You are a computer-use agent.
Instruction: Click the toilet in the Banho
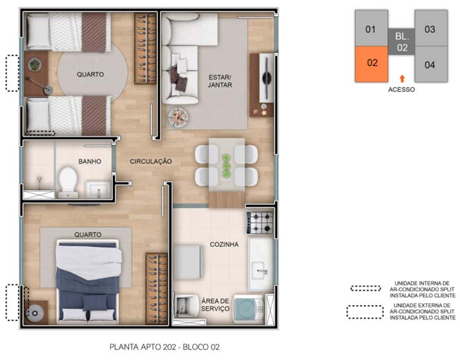[x=68, y=182]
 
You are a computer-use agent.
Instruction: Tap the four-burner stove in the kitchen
[x=260, y=223]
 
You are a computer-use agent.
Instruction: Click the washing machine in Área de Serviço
[x=249, y=309]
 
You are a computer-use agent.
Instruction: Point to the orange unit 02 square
[x=371, y=64]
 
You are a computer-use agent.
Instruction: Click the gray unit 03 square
[x=431, y=28]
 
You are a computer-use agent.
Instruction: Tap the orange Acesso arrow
[x=402, y=78]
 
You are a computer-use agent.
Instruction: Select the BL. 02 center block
[x=402, y=42]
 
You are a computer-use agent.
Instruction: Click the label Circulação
[x=151, y=161]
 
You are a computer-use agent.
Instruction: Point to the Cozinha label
[x=224, y=244]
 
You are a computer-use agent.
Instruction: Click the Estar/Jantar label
[x=220, y=81]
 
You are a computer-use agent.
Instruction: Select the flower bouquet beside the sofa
[x=178, y=117]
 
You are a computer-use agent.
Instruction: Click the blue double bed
[x=88, y=282]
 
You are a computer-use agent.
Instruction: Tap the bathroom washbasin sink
[x=98, y=190]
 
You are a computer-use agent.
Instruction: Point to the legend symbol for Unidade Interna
[x=365, y=289]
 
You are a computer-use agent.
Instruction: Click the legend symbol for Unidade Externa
[x=365, y=312]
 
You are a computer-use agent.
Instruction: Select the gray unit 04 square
[x=431, y=64]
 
